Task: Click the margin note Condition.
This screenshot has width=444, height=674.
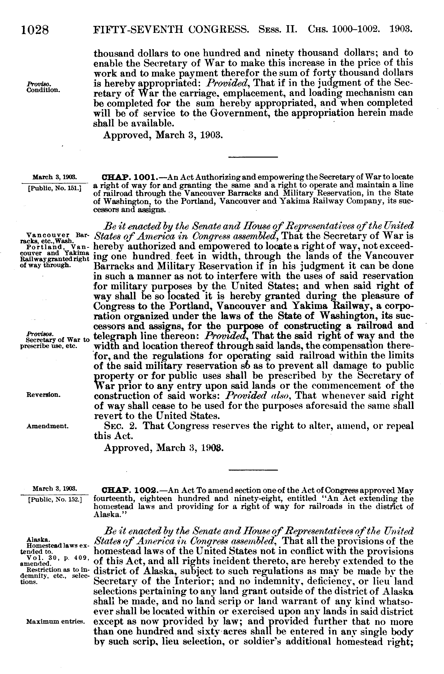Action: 43,90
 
